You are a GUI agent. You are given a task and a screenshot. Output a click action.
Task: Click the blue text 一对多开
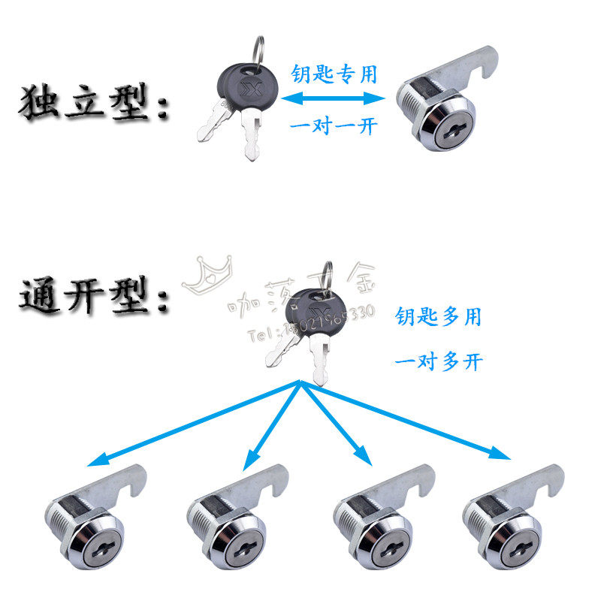point(438,362)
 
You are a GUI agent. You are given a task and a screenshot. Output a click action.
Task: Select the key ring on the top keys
point(259,50)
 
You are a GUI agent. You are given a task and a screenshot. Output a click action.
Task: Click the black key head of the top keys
point(244,86)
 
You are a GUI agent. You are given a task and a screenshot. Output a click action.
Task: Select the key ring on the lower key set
point(328,274)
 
